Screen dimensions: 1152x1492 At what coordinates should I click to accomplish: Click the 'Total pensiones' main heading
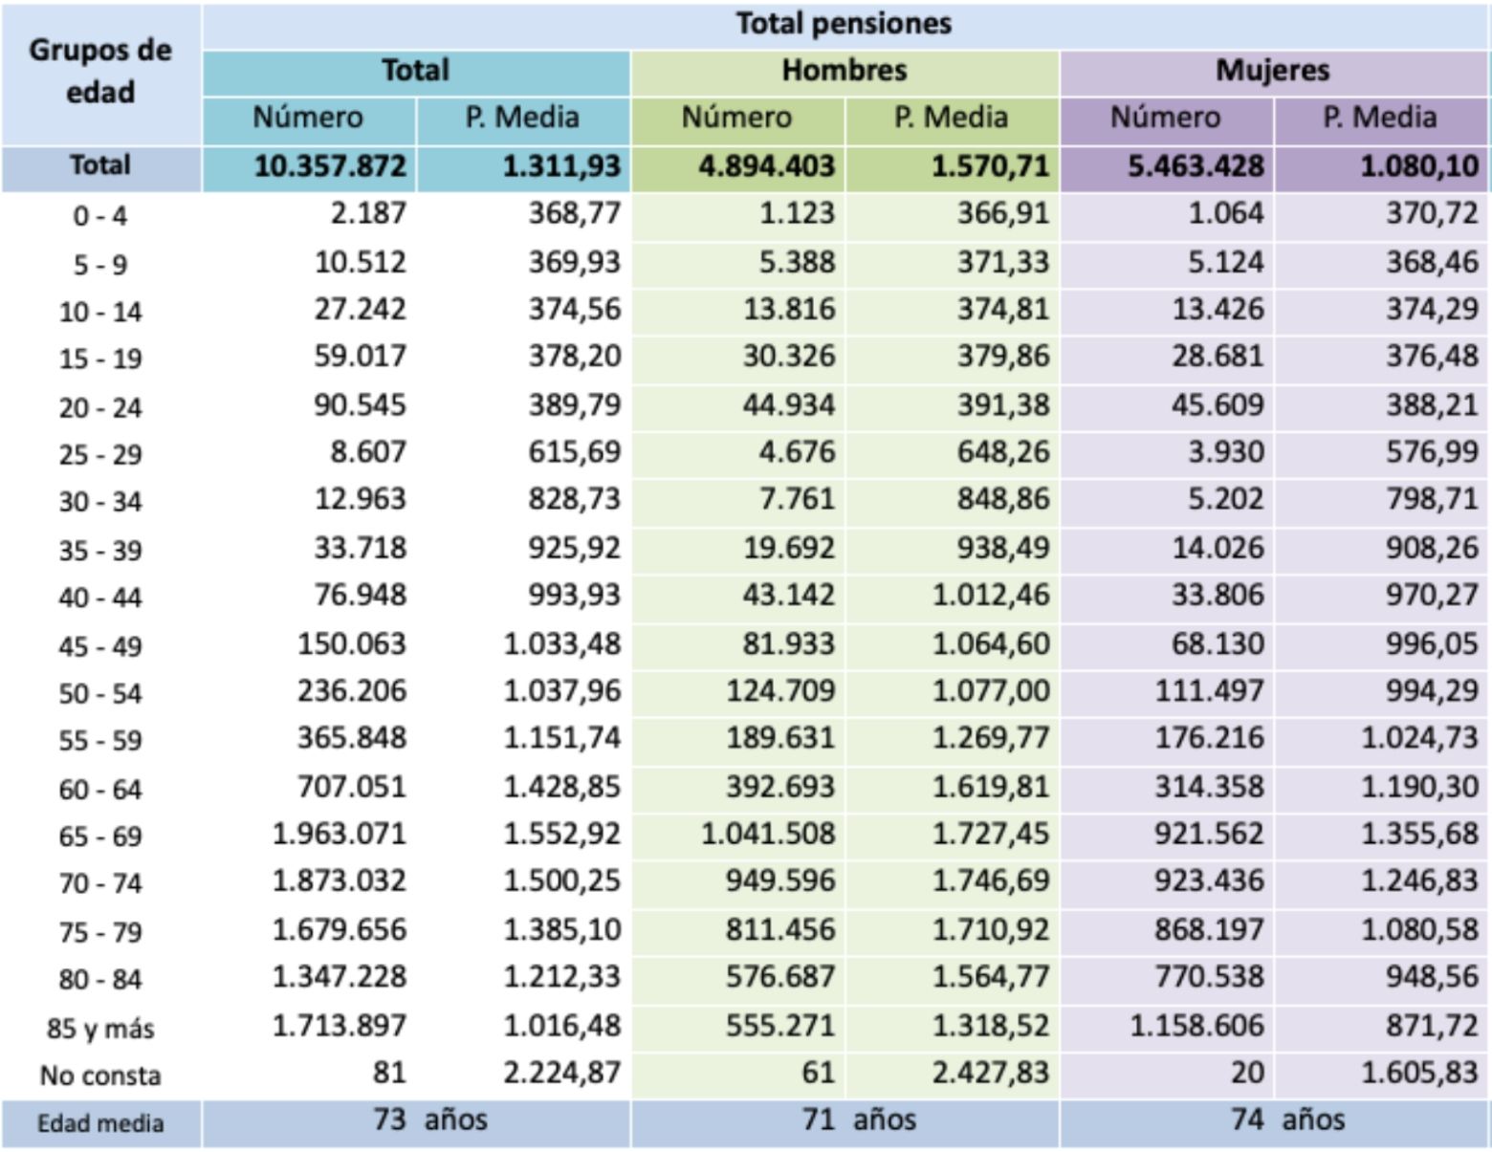[844, 23]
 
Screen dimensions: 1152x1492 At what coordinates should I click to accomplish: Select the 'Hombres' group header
[844, 70]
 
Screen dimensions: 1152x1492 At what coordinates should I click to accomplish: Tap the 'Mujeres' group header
[1272, 70]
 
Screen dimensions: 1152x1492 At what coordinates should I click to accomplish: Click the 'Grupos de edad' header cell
[100, 72]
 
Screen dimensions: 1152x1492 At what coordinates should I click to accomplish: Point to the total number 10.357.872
[330, 166]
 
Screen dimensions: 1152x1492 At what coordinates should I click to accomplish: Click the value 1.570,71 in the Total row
[990, 166]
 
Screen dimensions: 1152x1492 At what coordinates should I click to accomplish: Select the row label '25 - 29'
[100, 454]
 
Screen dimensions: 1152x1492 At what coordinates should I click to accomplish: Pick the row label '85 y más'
[100, 1029]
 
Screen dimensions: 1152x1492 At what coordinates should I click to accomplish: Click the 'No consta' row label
[100, 1076]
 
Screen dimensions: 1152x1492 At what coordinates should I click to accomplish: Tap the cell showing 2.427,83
[990, 1073]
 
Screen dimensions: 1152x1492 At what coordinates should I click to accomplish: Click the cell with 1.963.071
[339, 834]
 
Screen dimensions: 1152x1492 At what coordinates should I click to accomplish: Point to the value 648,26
[1002, 451]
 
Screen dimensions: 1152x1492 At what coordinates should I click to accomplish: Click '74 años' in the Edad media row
[1286, 1119]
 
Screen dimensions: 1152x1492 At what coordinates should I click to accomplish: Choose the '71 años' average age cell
[858, 1119]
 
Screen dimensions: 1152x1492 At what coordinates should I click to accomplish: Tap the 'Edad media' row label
[100, 1123]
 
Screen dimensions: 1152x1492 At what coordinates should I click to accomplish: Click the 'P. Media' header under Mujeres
[1379, 118]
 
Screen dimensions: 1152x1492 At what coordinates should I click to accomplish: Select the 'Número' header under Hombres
[736, 118]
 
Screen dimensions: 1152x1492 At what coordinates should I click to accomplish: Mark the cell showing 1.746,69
[990, 880]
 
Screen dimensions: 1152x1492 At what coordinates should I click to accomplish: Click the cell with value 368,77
[574, 213]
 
